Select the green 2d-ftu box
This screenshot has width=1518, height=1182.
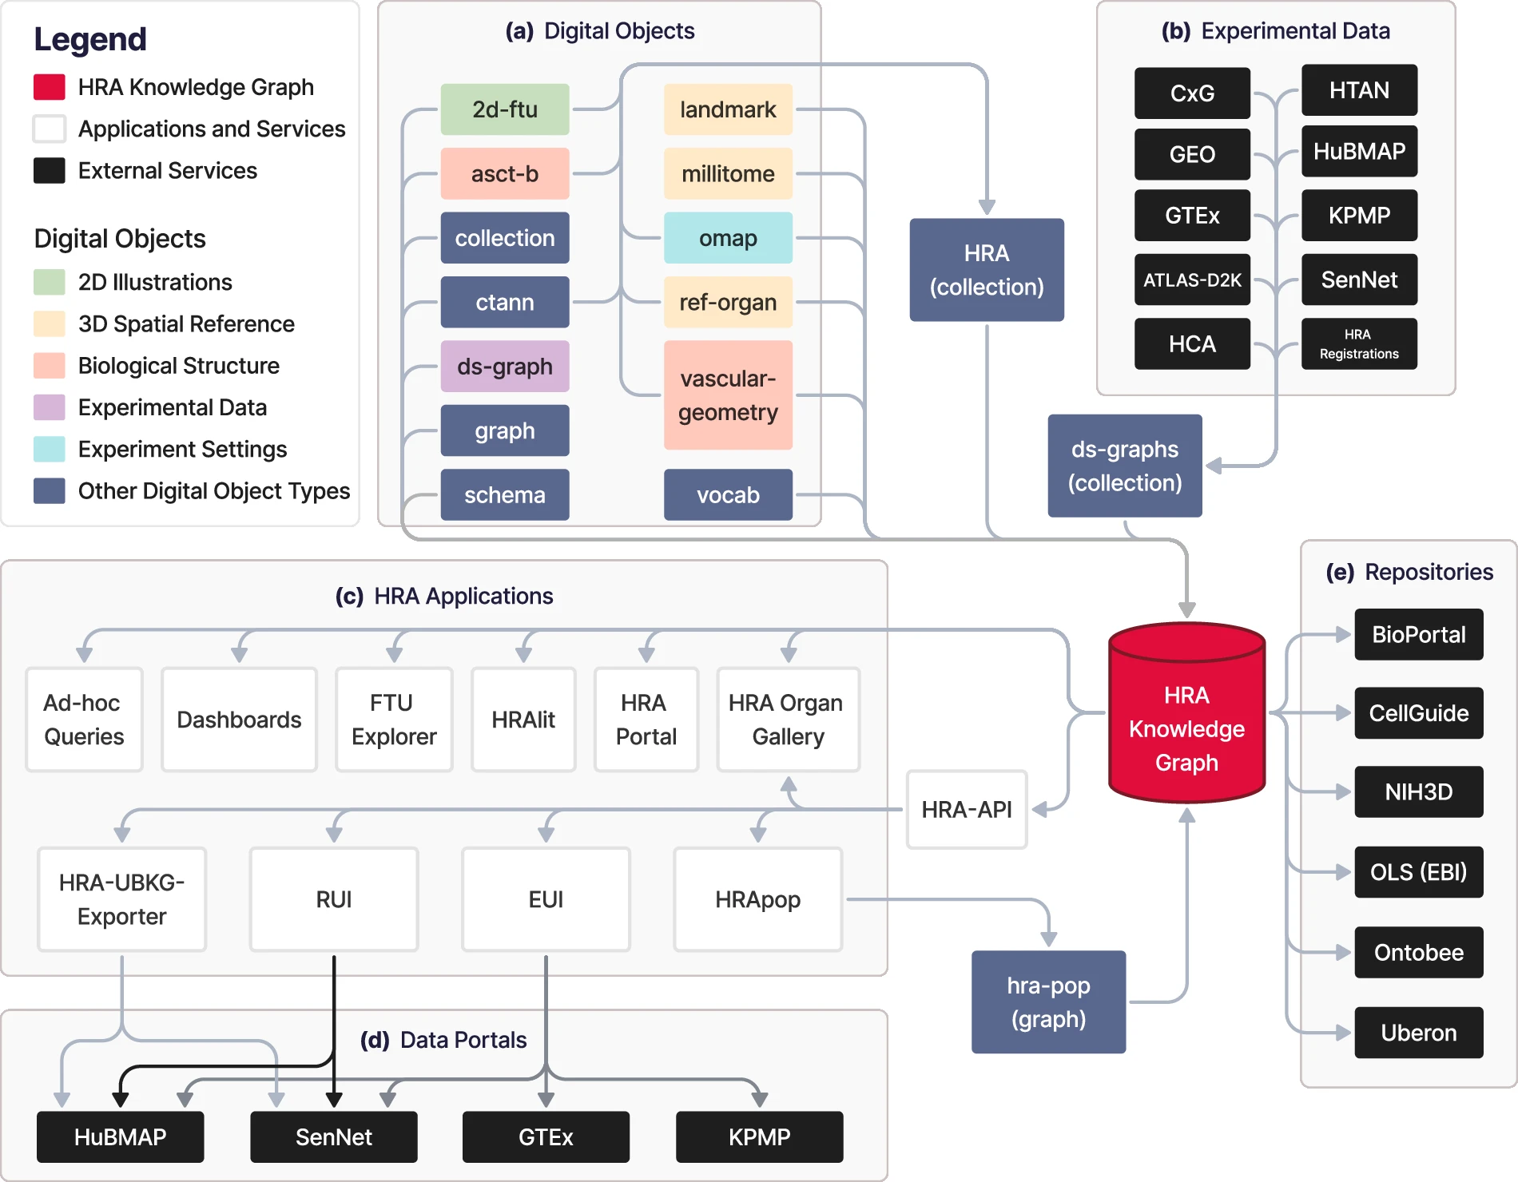click(x=504, y=109)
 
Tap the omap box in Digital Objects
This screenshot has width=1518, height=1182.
click(x=728, y=238)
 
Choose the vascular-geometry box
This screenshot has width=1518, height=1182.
click(x=728, y=395)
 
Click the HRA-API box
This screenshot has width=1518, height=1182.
click(x=967, y=809)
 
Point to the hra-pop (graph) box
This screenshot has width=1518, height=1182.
click(x=1048, y=1002)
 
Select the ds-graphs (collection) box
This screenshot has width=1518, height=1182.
click(x=1125, y=466)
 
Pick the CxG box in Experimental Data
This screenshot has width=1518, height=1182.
click(x=1192, y=93)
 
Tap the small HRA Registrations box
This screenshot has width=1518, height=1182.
click(x=1359, y=344)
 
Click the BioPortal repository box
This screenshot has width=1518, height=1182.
click(x=1419, y=635)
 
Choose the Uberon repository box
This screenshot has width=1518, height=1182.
click(x=1419, y=1033)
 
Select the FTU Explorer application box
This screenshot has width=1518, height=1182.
click(x=394, y=720)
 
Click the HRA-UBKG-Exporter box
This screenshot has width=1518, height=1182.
click(x=122, y=899)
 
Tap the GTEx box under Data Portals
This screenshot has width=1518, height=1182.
click(x=546, y=1136)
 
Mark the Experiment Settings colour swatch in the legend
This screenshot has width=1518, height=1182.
click(x=50, y=449)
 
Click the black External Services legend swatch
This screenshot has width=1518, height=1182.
click(x=50, y=171)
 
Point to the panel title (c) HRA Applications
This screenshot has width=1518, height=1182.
click(x=444, y=596)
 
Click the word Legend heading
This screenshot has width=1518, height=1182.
click(x=90, y=39)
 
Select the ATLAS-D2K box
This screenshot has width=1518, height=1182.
click(x=1192, y=280)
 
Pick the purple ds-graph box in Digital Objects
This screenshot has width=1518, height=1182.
click(x=504, y=367)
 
